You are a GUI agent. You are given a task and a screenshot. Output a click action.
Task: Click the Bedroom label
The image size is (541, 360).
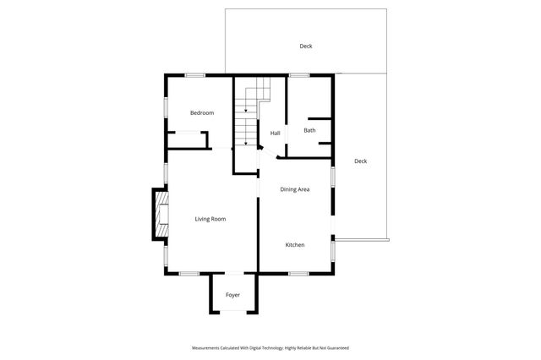pos(201,113)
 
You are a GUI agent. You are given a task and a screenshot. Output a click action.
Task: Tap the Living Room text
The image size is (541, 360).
pos(210,219)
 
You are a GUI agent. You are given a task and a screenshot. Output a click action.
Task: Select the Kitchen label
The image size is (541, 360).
pos(294,245)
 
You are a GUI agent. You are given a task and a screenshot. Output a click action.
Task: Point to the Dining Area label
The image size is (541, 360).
pos(295,189)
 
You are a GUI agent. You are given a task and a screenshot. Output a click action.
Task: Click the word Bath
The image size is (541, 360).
pos(309,130)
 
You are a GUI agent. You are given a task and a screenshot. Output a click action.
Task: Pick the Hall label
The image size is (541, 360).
pos(275,134)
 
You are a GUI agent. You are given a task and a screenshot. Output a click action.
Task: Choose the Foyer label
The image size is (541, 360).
pos(232,295)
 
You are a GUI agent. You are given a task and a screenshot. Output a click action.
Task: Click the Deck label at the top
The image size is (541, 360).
pos(305,46)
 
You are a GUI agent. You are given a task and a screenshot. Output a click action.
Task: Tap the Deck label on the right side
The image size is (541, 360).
pos(360,161)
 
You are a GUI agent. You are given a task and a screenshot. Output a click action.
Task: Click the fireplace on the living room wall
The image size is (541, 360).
pos(159,215)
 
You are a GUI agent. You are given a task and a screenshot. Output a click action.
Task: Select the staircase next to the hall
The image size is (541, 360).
pos(246,118)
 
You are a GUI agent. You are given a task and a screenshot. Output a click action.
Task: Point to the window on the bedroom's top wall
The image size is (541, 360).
pos(195,75)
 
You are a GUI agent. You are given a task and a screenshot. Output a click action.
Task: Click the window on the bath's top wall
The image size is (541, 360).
pos(298,75)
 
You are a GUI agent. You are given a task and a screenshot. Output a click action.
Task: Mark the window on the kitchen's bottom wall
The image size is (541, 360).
pos(297,273)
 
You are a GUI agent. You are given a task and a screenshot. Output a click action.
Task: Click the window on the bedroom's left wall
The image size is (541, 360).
pos(166,107)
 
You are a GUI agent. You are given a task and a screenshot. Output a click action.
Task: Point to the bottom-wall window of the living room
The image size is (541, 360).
pos(189,273)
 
